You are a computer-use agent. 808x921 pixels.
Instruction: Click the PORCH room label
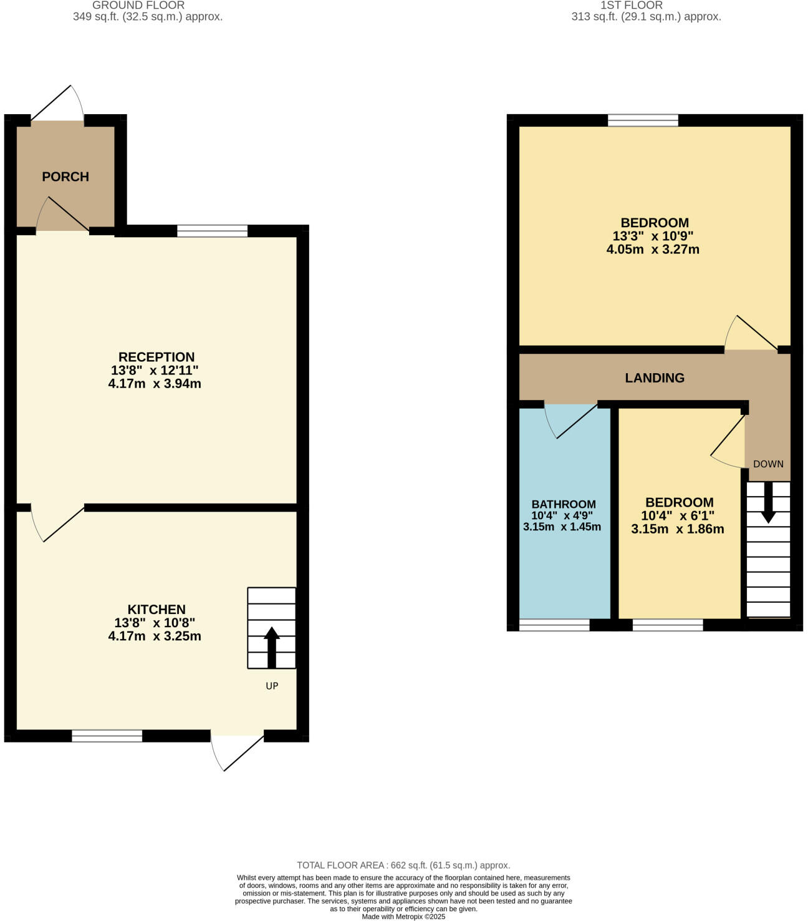click(65, 177)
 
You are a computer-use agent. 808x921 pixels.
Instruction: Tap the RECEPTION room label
click(156, 357)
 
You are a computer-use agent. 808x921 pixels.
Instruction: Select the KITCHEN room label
click(156, 610)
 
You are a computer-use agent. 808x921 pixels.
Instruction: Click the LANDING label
click(655, 378)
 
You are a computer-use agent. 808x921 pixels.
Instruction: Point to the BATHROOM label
click(564, 504)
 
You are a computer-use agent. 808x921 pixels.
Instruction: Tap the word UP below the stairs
click(272, 686)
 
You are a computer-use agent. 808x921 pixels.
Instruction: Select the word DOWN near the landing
click(768, 464)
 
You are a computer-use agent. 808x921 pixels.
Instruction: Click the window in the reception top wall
click(212, 231)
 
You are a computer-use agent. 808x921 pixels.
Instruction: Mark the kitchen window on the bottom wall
click(107, 736)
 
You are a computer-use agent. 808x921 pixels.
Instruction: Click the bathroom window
click(554, 625)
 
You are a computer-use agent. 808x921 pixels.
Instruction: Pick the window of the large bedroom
click(643, 120)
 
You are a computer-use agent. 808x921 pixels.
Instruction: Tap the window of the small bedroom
click(668, 625)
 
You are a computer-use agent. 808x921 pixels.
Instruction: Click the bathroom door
click(570, 420)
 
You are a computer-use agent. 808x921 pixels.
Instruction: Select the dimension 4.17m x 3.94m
click(155, 384)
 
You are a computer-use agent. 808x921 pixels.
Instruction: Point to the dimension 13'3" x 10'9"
click(653, 236)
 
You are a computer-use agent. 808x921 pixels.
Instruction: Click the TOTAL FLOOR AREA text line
click(403, 865)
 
